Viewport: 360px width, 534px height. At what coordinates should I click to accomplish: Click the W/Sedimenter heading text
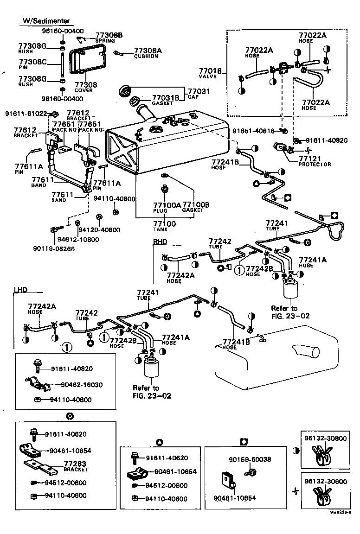click(46, 21)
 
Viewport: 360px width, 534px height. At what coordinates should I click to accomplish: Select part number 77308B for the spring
click(109, 35)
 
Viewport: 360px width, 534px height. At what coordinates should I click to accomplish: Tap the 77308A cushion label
click(148, 51)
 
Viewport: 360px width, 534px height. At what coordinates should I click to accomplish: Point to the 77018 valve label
click(210, 71)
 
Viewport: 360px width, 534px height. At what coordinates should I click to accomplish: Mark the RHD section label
click(160, 242)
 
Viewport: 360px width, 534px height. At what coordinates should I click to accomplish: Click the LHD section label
click(20, 290)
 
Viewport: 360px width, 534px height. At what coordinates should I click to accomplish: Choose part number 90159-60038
click(250, 459)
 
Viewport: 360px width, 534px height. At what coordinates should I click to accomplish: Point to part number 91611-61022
click(26, 113)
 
